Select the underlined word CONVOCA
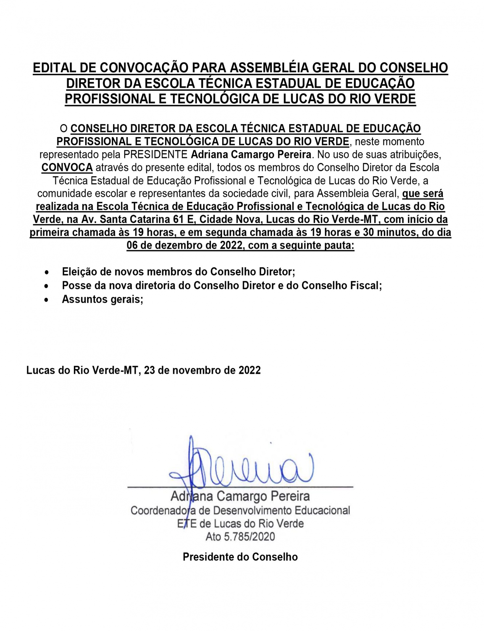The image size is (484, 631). pyautogui.click(x=67, y=167)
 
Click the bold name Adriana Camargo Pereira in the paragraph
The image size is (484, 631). pyautogui.click(x=251, y=154)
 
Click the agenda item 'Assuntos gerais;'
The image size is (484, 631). pyautogui.click(x=103, y=299)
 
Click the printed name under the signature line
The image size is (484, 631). pyautogui.click(x=240, y=496)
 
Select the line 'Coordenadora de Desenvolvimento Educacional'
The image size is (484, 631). pyautogui.click(x=240, y=510)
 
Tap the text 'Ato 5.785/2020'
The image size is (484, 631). pyautogui.click(x=240, y=537)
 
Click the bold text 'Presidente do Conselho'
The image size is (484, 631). pyautogui.click(x=240, y=557)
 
